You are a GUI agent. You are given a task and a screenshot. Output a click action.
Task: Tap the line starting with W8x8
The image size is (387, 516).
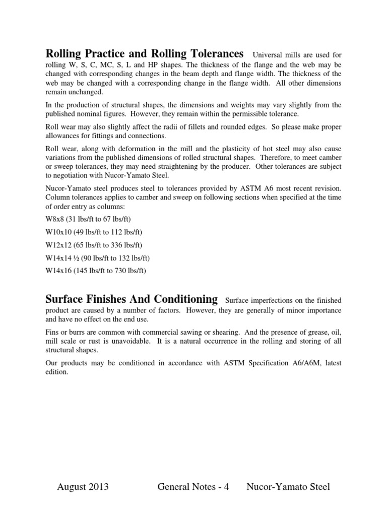pos(88,219)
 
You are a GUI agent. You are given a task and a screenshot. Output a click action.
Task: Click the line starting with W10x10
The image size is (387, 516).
pos(94,232)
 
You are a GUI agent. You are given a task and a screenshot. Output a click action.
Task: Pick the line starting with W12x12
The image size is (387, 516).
pos(94,245)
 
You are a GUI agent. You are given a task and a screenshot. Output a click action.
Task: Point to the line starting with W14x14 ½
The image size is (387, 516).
pos(98,258)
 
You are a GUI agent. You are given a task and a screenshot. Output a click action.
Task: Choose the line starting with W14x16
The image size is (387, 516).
pos(96,271)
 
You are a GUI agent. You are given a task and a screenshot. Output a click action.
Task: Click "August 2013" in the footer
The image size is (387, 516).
pos(83,487)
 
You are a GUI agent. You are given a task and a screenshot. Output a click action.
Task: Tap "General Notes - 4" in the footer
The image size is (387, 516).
pos(193,487)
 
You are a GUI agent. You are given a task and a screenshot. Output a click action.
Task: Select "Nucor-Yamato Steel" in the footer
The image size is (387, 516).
pos(288,487)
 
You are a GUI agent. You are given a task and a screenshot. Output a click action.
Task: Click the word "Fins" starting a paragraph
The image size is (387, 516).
pos(52,332)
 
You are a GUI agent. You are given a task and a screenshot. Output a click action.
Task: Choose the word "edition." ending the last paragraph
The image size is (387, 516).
pos(56,372)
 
